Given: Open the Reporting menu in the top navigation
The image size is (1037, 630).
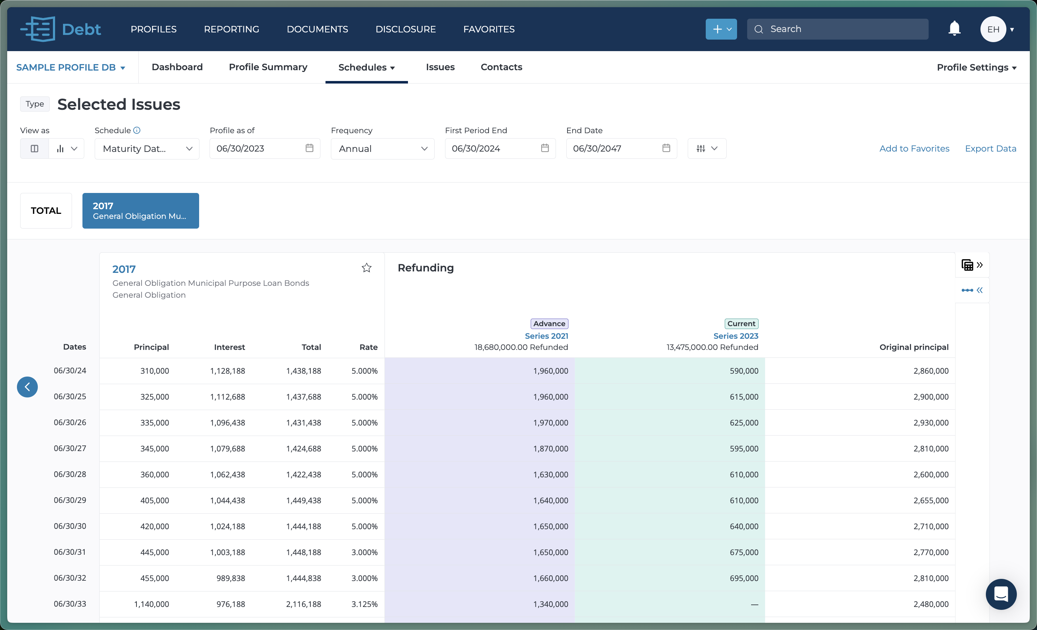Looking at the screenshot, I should coord(232,29).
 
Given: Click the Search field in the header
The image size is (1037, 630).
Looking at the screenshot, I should coord(838,29).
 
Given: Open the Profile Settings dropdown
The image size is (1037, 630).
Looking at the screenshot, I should coord(976,67).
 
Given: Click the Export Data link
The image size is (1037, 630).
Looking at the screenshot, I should coord(990,149).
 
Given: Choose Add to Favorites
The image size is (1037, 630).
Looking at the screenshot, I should coord(914,149).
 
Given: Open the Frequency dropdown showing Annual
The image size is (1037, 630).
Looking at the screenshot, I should coord(382,149).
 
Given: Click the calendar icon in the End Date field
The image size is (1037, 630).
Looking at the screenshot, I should coord(666,148).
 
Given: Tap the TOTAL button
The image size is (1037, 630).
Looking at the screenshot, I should coord(46,211).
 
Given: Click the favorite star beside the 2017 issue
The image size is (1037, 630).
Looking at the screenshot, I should coord(366,268).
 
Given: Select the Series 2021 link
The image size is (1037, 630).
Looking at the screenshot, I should coord(546,336).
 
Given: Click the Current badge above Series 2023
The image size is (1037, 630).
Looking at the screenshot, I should coord(741,324).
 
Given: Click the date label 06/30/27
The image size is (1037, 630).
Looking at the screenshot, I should coord(70,449).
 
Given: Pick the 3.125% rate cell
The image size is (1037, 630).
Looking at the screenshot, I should coord(364,604).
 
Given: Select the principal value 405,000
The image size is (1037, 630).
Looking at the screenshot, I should coord(154,500).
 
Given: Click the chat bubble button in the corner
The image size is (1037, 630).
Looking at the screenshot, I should coord(1000,594).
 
